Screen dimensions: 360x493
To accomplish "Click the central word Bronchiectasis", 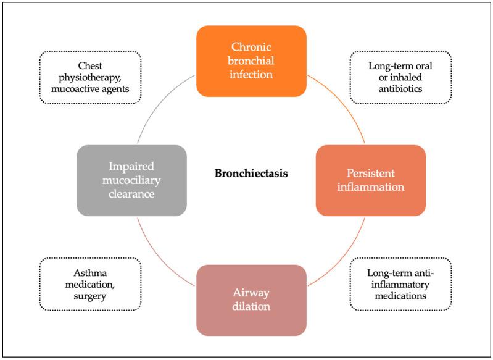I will click(x=252, y=174).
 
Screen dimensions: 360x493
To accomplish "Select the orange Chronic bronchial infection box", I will click(x=251, y=61).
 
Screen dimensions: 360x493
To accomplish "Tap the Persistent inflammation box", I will click(x=370, y=180).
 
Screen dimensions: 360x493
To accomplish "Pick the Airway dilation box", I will click(x=251, y=300).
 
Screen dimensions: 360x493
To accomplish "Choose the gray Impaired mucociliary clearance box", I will click(x=131, y=180).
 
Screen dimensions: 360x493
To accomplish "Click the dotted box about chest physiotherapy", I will click(x=90, y=77).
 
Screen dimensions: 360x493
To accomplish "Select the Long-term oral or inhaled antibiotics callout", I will click(x=400, y=77).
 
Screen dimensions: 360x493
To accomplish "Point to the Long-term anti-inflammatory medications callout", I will click(x=400, y=283).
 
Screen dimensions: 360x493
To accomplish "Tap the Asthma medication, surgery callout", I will click(x=90, y=283).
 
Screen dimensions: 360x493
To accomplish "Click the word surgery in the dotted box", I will click(x=90, y=296).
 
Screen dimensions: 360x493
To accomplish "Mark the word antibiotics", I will click(x=400, y=90).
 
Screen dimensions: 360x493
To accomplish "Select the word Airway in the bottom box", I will click(x=251, y=292).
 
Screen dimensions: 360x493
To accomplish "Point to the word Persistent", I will click(x=370, y=172).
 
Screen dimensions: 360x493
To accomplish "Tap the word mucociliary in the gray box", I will click(x=131, y=180).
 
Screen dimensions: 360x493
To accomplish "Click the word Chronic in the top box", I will click(x=251, y=47).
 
